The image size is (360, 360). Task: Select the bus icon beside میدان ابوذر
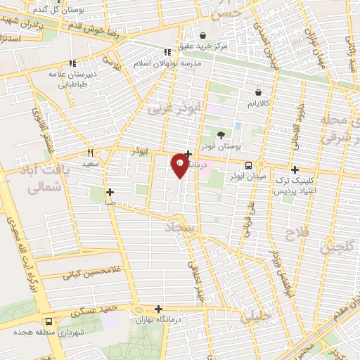click(248, 165)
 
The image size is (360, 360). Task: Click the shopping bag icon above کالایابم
click(259, 92)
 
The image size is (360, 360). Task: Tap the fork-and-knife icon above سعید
click(90, 153)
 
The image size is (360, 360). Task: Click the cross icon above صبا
click(110, 192)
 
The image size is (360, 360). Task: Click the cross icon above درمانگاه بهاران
click(159, 309)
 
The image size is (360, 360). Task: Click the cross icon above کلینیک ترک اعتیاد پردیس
click(295, 169)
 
